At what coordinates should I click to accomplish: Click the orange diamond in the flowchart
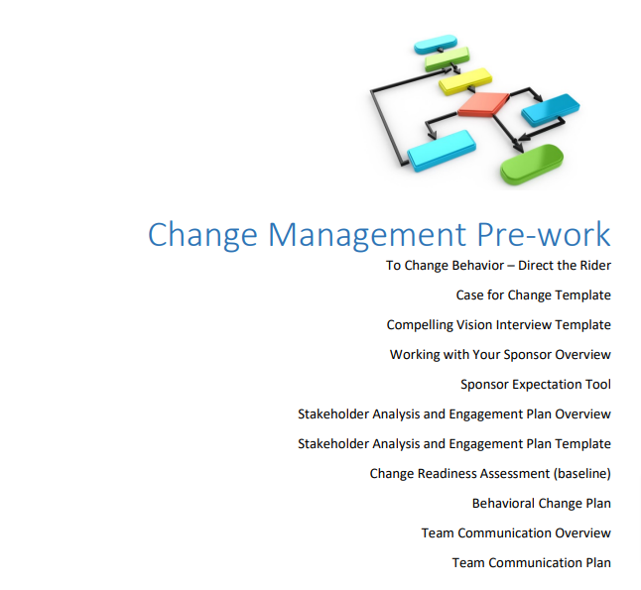coord(483,104)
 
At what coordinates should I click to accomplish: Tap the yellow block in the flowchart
coord(465,81)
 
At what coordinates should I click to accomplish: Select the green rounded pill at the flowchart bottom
coord(532,164)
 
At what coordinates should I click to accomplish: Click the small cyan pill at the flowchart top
coord(436,45)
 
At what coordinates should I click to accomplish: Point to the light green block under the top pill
coord(447,59)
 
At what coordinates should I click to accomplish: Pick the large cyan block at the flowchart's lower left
coord(442,151)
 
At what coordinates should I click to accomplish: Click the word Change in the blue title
coord(202,235)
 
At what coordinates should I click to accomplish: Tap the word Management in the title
coord(367,235)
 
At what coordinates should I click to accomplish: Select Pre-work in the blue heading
coord(544,234)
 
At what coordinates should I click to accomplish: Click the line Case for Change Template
coord(534,295)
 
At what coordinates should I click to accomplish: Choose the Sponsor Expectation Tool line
coord(536,385)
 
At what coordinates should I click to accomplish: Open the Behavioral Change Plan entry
coord(542,504)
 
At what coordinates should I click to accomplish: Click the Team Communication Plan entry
coord(532,563)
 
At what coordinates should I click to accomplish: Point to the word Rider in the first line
coord(596,266)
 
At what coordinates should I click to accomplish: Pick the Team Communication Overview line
coord(516,533)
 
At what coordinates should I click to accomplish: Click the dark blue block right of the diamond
coord(551,110)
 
